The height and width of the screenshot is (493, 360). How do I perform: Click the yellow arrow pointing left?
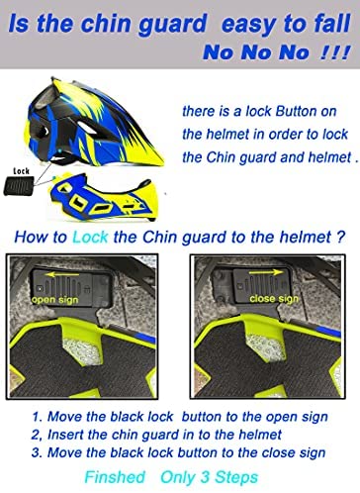[62, 274]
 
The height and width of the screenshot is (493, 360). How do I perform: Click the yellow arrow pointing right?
[266, 272]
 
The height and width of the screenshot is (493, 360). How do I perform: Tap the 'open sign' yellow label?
[55, 300]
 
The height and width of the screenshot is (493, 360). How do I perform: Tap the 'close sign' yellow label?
[274, 299]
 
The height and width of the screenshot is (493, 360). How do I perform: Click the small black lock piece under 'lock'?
[19, 186]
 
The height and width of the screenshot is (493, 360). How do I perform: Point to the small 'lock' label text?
[22, 171]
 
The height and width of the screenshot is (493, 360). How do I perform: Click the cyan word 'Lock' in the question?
[90, 238]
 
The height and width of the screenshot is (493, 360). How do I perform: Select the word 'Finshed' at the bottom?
[115, 477]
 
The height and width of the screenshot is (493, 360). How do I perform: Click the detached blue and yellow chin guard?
[104, 197]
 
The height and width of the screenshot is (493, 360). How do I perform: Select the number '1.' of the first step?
[38, 417]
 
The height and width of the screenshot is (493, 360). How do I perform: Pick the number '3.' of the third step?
[37, 452]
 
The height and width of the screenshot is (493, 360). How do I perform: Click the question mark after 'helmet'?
[341, 238]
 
